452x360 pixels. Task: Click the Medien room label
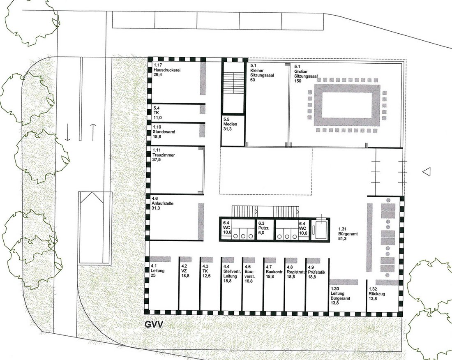click(x=231, y=124)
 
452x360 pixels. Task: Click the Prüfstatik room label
click(x=316, y=272)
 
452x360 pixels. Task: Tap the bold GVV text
click(x=154, y=325)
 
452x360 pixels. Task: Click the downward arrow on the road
click(x=67, y=132)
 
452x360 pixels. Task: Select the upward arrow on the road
click(x=93, y=132)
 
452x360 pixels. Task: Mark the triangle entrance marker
click(x=427, y=172)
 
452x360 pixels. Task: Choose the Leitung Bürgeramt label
click(x=340, y=296)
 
